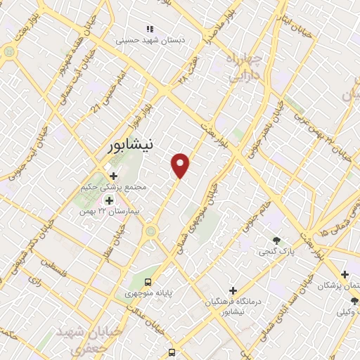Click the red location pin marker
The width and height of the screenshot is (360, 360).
pyautogui.click(x=181, y=165)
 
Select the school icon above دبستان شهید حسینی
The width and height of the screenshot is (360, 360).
pyautogui.click(x=149, y=29)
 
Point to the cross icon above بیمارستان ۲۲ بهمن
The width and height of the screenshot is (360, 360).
pyautogui.click(x=109, y=200)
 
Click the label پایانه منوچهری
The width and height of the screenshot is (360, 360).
pyautogui.click(x=149, y=293)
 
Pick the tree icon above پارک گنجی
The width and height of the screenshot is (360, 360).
pyautogui.click(x=276, y=240)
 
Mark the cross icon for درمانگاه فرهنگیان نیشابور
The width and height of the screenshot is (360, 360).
pyautogui.click(x=233, y=290)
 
